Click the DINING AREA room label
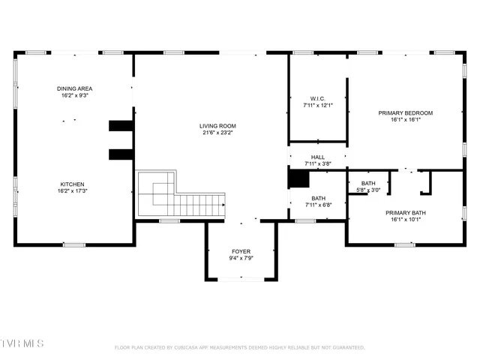tap(74, 88)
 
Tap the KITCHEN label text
tap(73, 184)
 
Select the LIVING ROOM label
tap(217, 126)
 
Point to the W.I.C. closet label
tap(317, 98)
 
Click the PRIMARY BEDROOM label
tap(406, 112)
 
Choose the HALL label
tap(318, 157)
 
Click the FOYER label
tap(241, 251)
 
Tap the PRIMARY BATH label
tap(406, 213)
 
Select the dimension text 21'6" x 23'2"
tap(217, 133)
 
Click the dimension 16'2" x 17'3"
tap(73, 191)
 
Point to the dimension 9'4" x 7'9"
tap(241, 258)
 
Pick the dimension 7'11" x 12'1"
tap(317, 105)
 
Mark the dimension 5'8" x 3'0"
tap(368, 190)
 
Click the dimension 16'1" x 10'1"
tap(406, 220)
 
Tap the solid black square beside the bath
tap(298, 178)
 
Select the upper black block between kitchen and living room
tap(121, 125)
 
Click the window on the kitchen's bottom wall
tap(73, 244)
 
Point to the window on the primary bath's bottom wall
tap(404, 244)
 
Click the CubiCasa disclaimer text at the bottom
tap(239, 347)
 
